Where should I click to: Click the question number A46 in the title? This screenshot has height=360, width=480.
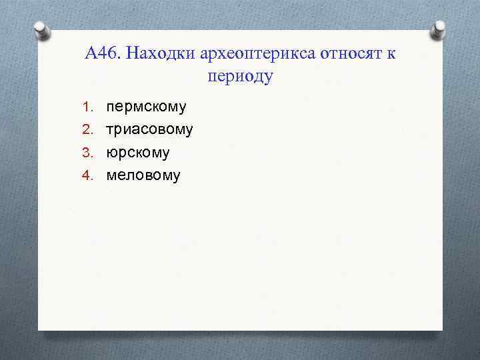pyautogui.click(x=103, y=53)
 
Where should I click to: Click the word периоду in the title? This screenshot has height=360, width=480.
pyautogui.click(x=241, y=77)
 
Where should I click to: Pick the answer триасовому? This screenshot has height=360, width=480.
pyautogui.click(x=150, y=129)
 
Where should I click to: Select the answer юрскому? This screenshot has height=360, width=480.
pyautogui.click(x=138, y=153)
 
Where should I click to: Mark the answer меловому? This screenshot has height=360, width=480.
pyautogui.click(x=143, y=175)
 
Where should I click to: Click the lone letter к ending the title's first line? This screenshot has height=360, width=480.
pyautogui.click(x=390, y=54)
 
